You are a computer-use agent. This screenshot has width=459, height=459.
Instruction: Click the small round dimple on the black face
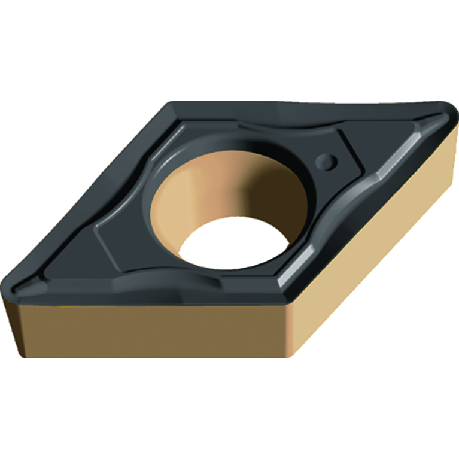(326, 159)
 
